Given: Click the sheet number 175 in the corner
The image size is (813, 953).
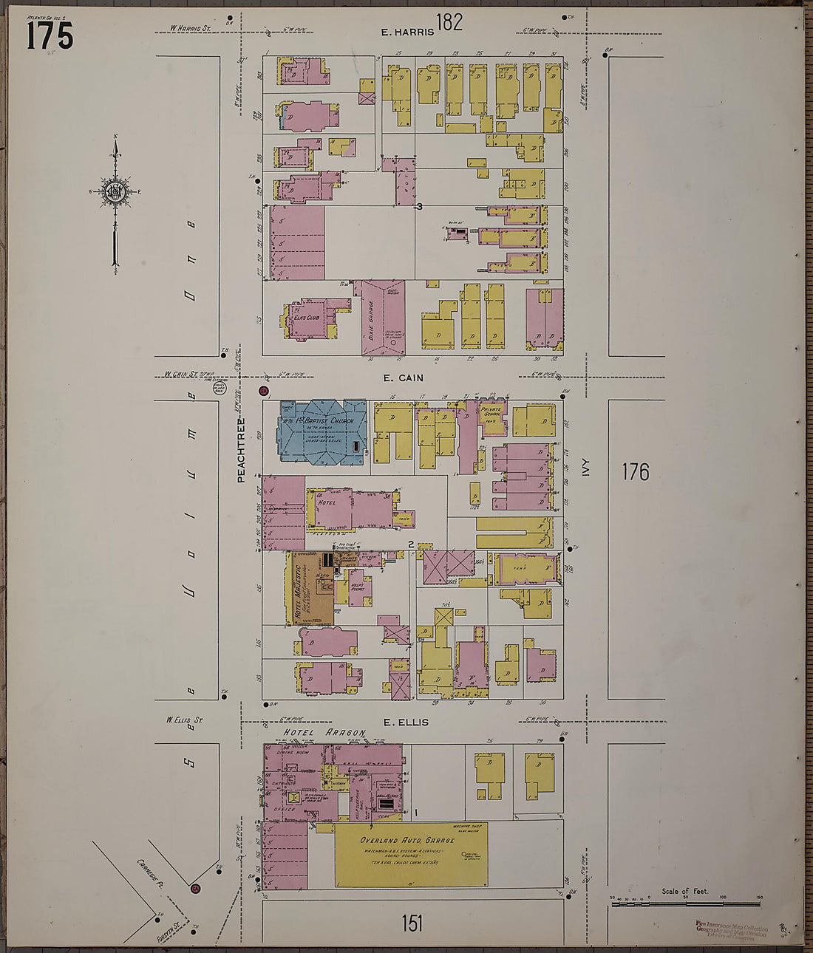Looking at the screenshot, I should [50, 35].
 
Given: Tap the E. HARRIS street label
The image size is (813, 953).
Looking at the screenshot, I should [406, 33].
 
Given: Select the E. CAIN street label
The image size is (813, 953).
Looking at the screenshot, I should [403, 378].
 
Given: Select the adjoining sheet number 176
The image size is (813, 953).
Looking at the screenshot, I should [634, 471].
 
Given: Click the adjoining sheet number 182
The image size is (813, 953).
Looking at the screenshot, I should [449, 22].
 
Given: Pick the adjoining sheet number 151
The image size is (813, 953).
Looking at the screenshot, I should [412, 923].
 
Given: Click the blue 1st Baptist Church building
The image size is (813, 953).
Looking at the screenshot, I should [322, 432].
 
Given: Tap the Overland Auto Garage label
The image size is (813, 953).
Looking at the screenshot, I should [407, 841].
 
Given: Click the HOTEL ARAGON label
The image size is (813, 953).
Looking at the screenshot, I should [325, 733].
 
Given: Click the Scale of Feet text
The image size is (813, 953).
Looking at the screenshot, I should [684, 892].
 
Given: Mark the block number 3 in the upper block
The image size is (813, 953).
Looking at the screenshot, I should [419, 207].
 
